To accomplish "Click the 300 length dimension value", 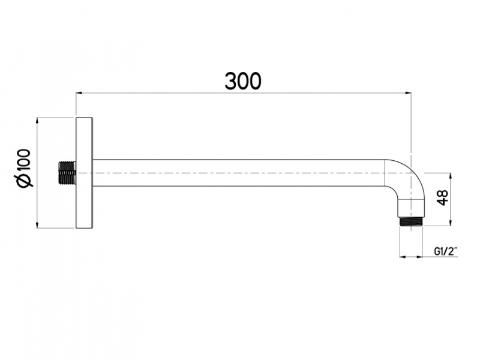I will point(243,80).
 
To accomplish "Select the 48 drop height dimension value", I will point(443,199).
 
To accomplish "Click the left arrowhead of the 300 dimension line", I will point(79,93).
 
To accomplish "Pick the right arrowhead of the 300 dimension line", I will point(407,93).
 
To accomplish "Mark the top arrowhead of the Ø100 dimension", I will point(38,120).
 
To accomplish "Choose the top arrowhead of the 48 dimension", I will point(449,175).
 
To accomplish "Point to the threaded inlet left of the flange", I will point(67,172).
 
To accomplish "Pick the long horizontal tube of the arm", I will point(240,173).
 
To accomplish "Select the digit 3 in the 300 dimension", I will point(231,80).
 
